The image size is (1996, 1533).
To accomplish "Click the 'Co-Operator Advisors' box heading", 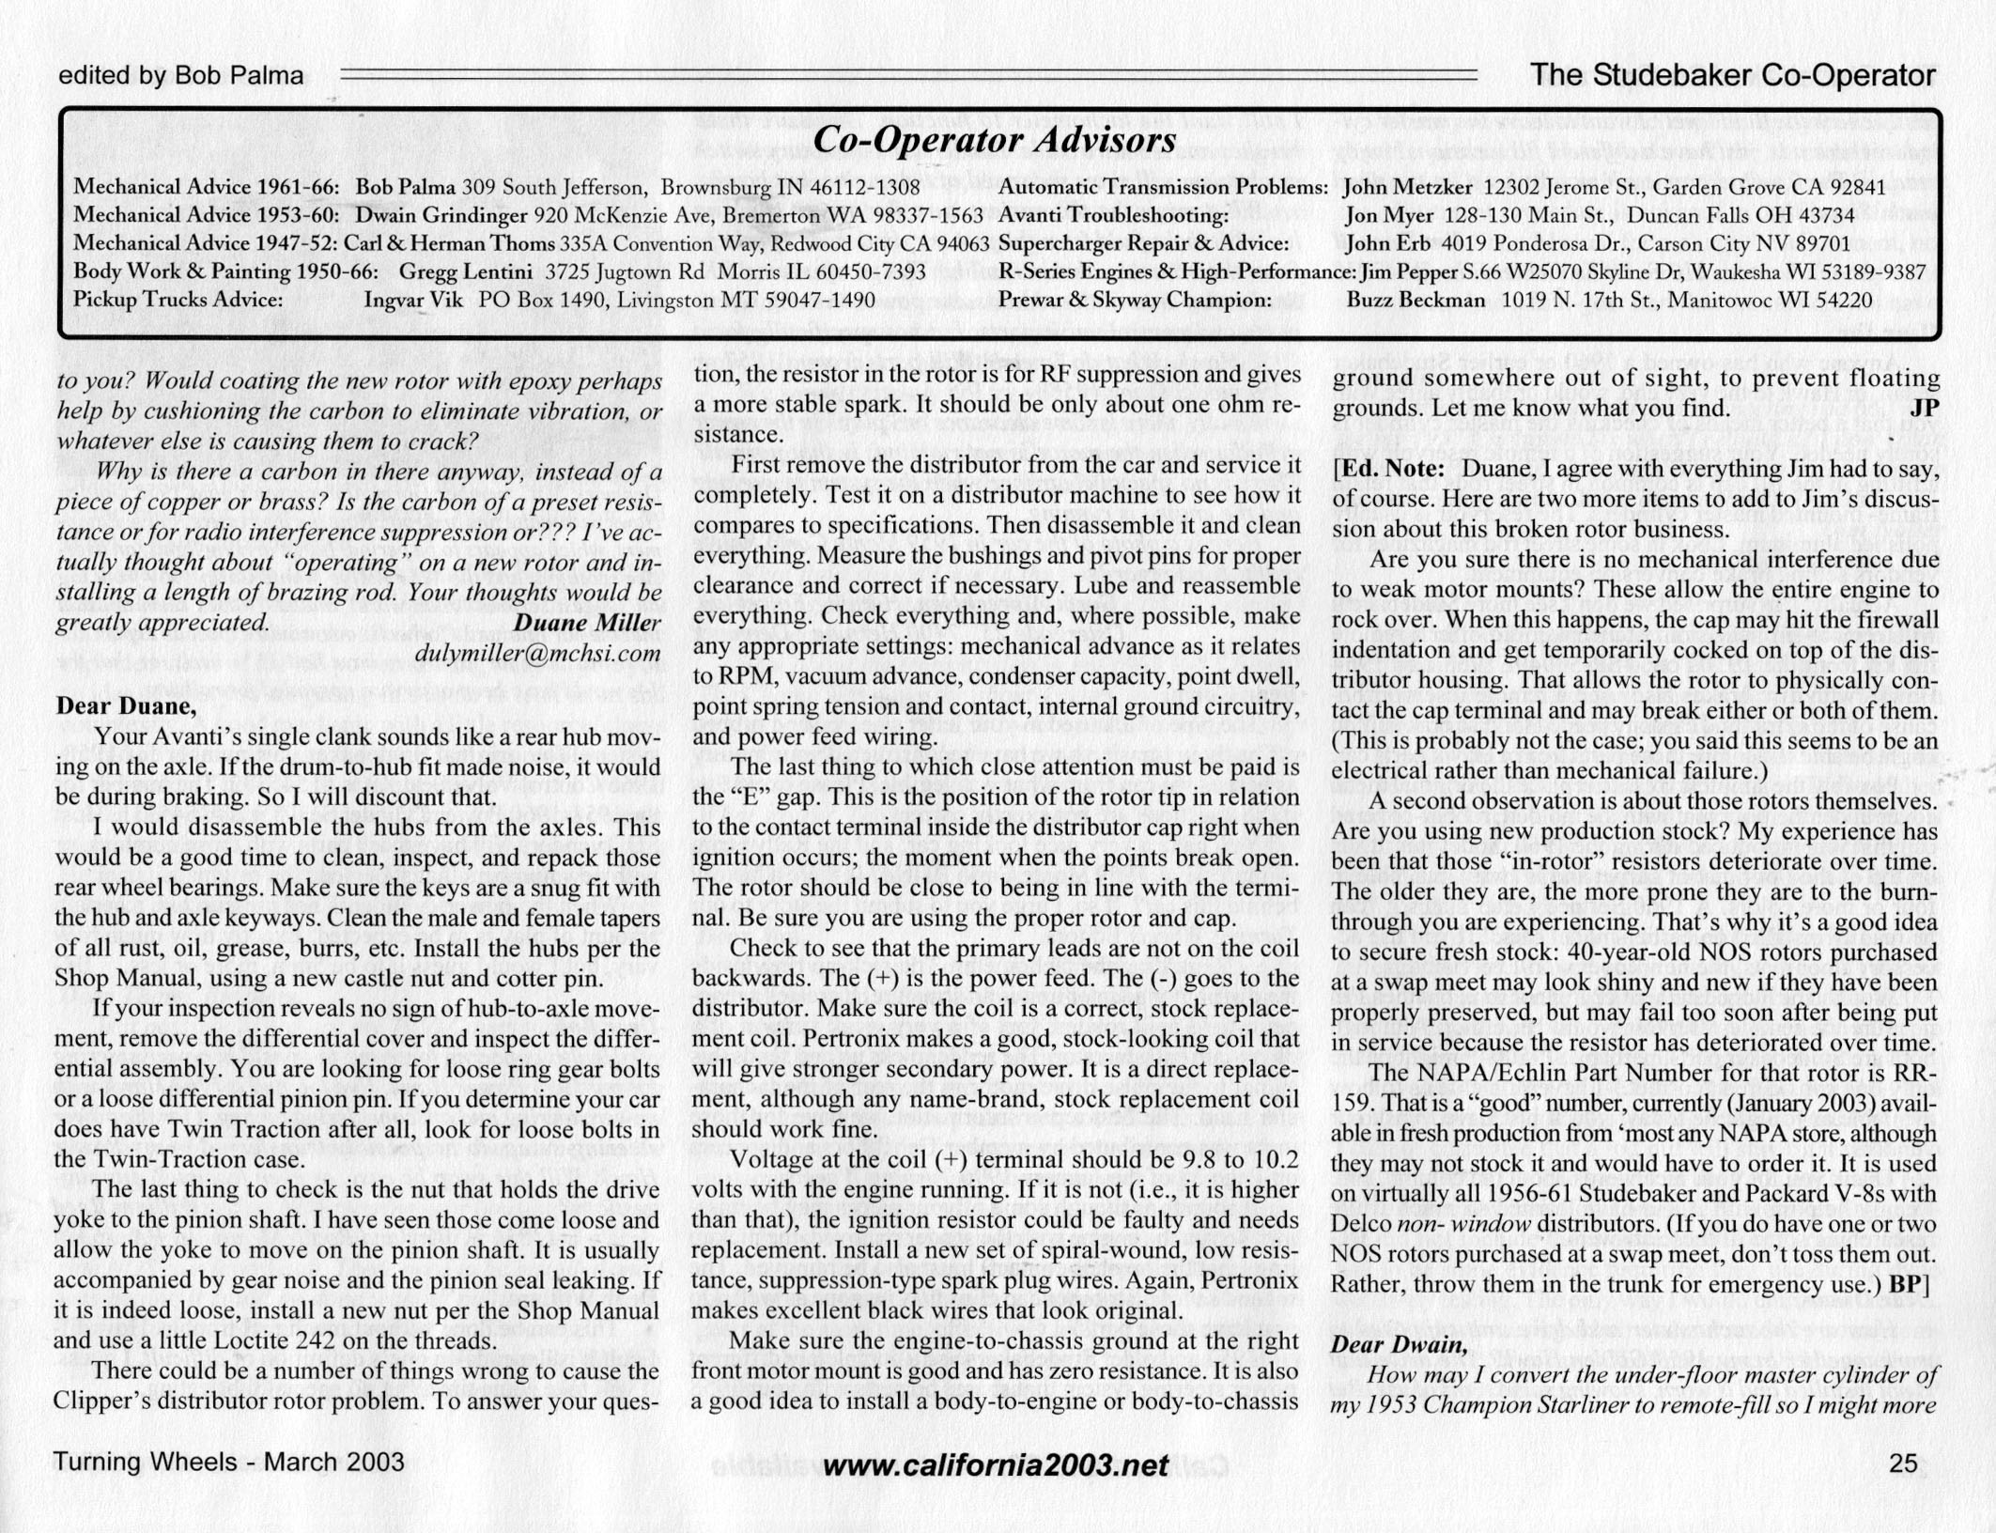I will pyautogui.click(x=994, y=141).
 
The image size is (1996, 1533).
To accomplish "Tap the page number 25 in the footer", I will pyautogui.click(x=1903, y=1463).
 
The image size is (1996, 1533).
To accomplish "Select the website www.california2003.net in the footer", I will pyautogui.click(x=995, y=1464).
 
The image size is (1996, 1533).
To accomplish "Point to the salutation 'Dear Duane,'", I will pyautogui.click(x=126, y=705).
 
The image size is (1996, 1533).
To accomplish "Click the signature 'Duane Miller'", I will pyautogui.click(x=587, y=623).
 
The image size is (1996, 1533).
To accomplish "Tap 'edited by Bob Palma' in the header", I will pyautogui.click(x=181, y=75).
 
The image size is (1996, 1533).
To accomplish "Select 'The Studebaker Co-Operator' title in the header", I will pyautogui.click(x=1733, y=75).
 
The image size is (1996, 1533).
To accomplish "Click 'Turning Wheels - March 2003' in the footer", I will pyautogui.click(x=228, y=1462).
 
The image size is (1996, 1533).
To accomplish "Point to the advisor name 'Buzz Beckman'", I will pyautogui.click(x=1416, y=301).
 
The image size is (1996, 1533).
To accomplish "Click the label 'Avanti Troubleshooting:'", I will pyautogui.click(x=1113, y=216).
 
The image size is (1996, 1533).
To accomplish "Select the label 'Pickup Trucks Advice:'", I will pyautogui.click(x=178, y=301).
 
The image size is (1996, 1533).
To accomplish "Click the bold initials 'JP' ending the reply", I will pyautogui.click(x=1924, y=409).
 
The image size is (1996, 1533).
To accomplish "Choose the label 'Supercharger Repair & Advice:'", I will pyautogui.click(x=1143, y=244).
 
